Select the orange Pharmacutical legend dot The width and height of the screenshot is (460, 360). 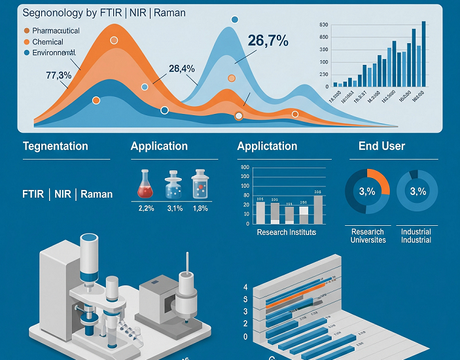(x=26, y=31)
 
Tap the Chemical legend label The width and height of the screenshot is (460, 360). (x=48, y=42)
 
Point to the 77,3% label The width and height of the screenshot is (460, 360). (x=58, y=75)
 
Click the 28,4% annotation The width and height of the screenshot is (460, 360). (x=181, y=69)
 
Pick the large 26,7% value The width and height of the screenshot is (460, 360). (x=268, y=41)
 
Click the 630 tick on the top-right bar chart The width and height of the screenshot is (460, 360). (x=323, y=25)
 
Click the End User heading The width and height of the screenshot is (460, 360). (x=381, y=147)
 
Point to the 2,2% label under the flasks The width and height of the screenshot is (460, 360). (x=145, y=209)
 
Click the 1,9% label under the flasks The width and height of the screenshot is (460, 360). (x=200, y=209)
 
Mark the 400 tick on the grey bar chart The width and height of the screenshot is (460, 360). (x=245, y=168)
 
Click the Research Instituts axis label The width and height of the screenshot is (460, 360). (x=286, y=232)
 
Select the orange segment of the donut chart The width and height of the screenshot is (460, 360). (x=379, y=179)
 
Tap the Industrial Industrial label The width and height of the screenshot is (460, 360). (x=416, y=236)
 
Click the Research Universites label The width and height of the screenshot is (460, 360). (x=368, y=236)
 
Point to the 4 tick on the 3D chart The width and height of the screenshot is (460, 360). (x=245, y=288)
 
